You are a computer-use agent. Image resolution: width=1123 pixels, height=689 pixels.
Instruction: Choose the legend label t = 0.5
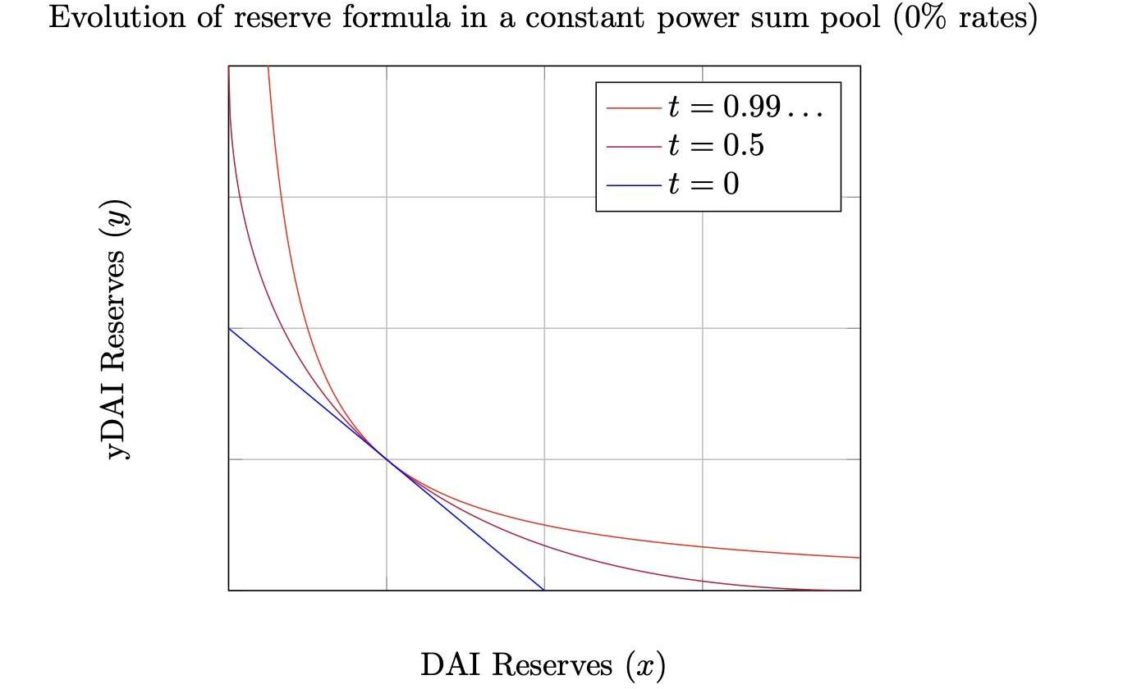[716, 145]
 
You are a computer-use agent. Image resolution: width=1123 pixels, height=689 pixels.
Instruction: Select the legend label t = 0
[704, 185]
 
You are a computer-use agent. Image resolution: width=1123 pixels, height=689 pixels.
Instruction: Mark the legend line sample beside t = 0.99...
[634, 107]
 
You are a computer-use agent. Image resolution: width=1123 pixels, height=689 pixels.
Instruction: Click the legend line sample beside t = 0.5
[634, 146]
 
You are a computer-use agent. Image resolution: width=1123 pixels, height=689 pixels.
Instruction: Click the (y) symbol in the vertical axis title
[117, 217]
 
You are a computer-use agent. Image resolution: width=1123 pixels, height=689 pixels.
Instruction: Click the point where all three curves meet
[387, 459]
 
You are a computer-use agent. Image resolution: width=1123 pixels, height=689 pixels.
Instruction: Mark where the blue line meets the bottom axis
[544, 590]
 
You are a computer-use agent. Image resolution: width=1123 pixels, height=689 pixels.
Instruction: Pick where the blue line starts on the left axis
[229, 328]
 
